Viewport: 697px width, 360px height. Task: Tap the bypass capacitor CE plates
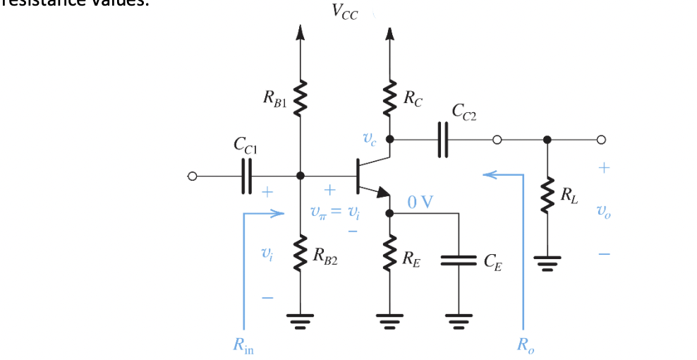pyautogui.click(x=459, y=260)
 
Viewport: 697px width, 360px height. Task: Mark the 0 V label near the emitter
pyautogui.click(x=420, y=203)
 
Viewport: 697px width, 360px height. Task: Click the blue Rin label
pyautogui.click(x=243, y=346)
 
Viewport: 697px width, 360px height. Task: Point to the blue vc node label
pyautogui.click(x=370, y=140)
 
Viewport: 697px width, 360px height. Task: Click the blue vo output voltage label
pyautogui.click(x=602, y=210)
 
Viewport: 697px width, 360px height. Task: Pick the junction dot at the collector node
pyautogui.click(x=389, y=139)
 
